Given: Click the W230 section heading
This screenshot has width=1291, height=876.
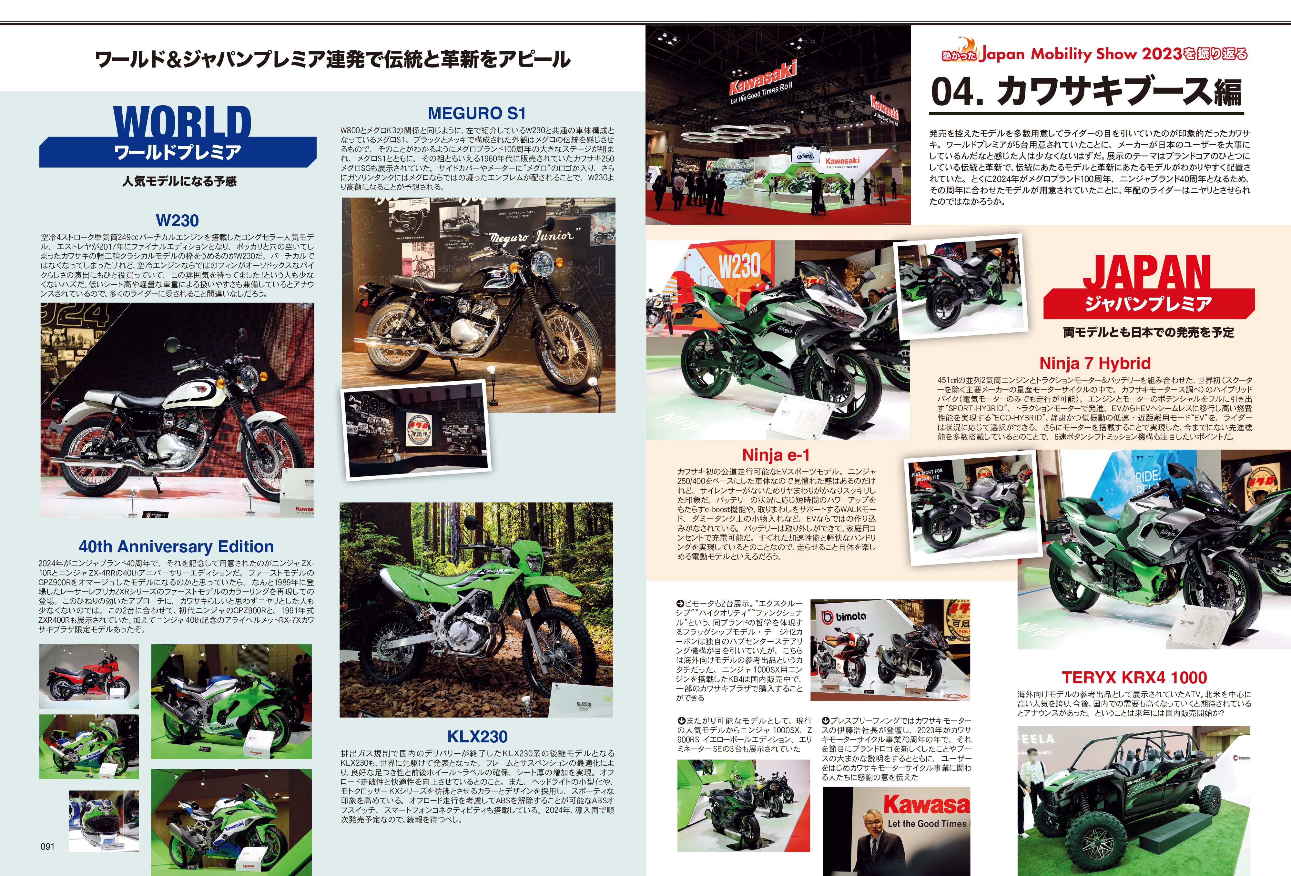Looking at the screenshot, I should [177, 220].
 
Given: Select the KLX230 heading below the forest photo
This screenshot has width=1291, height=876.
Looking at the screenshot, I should [477, 737].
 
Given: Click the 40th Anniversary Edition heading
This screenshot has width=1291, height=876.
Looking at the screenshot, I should [176, 546].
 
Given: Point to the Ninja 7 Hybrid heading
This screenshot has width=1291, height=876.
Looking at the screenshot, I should [1094, 363].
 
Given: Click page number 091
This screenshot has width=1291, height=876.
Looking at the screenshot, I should [48, 847].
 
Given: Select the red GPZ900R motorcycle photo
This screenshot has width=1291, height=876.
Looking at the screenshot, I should [89, 676].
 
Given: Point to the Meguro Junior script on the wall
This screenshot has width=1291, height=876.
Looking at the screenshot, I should [531, 236].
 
